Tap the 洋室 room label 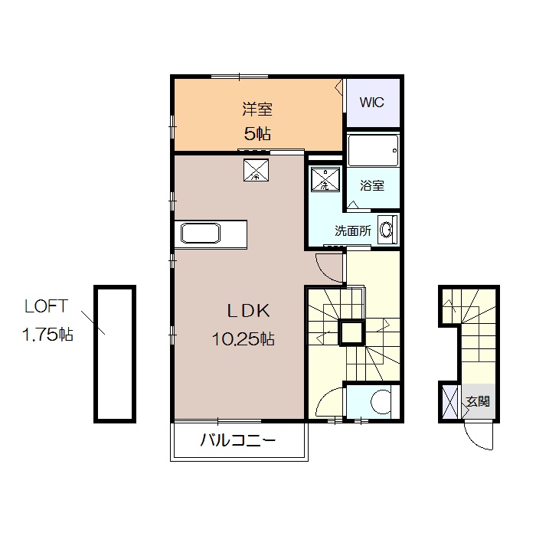click(x=258, y=109)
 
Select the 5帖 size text click(x=257, y=134)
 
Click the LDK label click(x=245, y=311)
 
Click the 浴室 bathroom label click(x=372, y=185)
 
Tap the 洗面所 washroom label click(x=353, y=230)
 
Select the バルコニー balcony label click(x=238, y=440)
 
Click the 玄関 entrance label click(x=478, y=401)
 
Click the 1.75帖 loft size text click(x=47, y=335)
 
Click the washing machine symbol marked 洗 click(x=325, y=180)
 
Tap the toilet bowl click(x=379, y=400)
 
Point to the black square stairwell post click(x=351, y=332)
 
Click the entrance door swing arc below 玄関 click(x=481, y=437)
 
